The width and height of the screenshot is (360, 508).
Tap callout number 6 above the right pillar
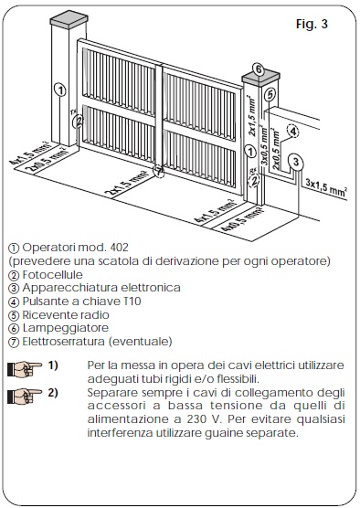[259, 69]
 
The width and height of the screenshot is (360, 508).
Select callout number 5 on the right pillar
[268, 93]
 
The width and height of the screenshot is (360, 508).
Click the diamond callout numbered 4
[292, 131]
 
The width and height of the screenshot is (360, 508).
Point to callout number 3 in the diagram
[296, 161]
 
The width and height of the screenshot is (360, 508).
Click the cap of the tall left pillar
[67, 18]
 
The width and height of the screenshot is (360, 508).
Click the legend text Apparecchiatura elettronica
[101, 287]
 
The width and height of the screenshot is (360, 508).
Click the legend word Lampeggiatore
[63, 326]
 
